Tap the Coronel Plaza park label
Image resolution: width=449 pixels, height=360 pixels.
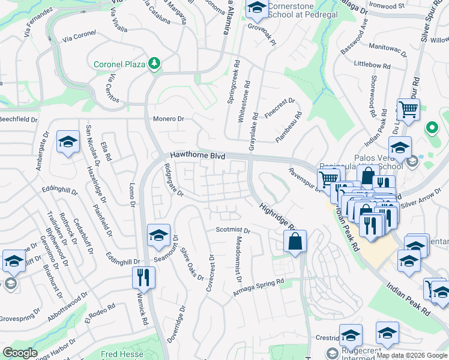click(x=120, y=64)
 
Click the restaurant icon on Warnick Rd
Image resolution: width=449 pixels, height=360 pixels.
click(x=143, y=277)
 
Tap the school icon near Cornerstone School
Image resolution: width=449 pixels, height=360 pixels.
click(x=257, y=8)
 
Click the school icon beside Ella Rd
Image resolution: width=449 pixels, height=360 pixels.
click(x=68, y=142)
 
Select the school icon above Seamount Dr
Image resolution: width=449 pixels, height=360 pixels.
click(x=158, y=235)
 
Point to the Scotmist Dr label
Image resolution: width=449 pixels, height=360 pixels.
click(x=232, y=230)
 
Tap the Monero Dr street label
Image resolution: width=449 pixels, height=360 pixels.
click(x=169, y=119)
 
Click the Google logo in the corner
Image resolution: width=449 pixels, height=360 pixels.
click(x=20, y=353)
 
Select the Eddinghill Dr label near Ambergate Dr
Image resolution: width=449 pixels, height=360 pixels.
click(x=59, y=190)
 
